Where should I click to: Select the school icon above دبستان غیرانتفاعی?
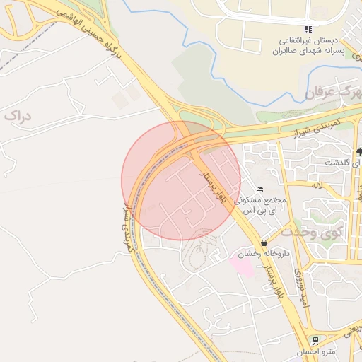308,29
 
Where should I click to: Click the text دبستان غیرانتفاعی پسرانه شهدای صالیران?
308,46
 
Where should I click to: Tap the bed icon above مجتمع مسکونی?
260,189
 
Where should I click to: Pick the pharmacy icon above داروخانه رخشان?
264,243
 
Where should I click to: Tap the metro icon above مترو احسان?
315,341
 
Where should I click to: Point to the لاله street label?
317,185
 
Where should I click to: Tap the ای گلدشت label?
341,163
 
